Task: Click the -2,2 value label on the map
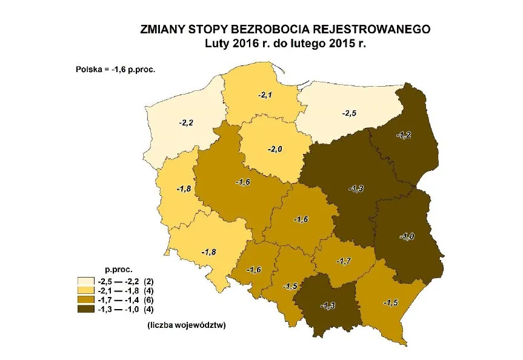[x=185, y=123]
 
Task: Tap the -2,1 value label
[x=265, y=95]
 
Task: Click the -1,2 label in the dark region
[x=404, y=135]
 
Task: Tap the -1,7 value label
[x=342, y=261]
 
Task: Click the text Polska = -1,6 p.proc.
[x=115, y=70]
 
